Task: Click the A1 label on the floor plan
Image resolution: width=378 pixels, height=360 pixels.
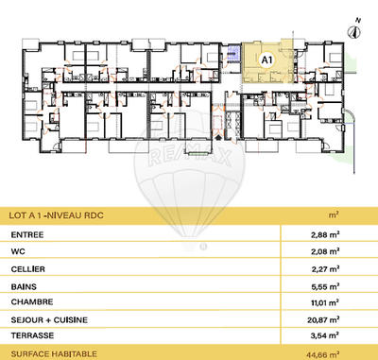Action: (266, 59)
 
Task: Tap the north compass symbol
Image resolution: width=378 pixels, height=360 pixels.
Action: (355, 28)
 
